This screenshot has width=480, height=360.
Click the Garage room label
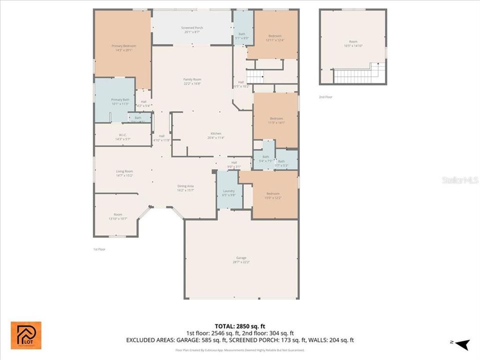click(x=241, y=258)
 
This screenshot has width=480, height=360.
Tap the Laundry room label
click(x=228, y=191)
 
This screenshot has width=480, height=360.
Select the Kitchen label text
click(x=215, y=133)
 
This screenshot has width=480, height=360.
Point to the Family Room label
click(x=192, y=79)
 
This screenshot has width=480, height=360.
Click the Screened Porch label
click(x=192, y=28)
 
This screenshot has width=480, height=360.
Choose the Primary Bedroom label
click(x=123, y=46)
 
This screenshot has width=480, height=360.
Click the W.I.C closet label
click(x=122, y=134)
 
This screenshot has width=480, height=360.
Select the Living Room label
click(x=124, y=171)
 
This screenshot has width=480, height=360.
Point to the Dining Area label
click(x=185, y=186)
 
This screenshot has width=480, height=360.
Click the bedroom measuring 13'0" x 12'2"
click(x=273, y=194)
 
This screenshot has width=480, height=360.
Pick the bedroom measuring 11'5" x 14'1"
click(x=276, y=118)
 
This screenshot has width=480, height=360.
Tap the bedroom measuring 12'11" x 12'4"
click(x=274, y=36)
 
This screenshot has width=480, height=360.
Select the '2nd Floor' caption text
click(x=325, y=97)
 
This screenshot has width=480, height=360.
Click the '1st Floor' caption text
click(x=99, y=248)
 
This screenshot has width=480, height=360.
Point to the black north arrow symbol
click(x=462, y=344)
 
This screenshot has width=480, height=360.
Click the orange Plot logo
click(x=26, y=335)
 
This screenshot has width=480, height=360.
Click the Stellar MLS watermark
click(x=459, y=179)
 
